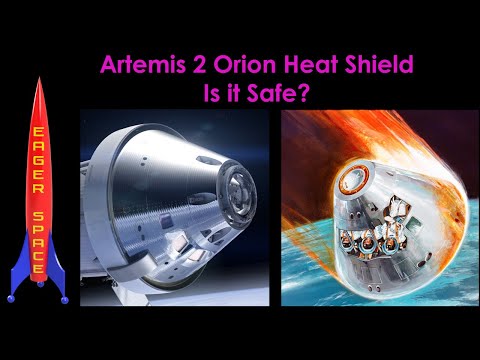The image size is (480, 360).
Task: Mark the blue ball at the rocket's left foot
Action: click(14, 297)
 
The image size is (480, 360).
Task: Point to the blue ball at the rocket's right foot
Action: click(64, 297)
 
